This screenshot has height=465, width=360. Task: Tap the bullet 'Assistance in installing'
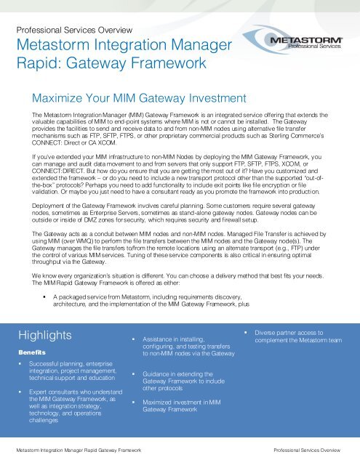point(178,346)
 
